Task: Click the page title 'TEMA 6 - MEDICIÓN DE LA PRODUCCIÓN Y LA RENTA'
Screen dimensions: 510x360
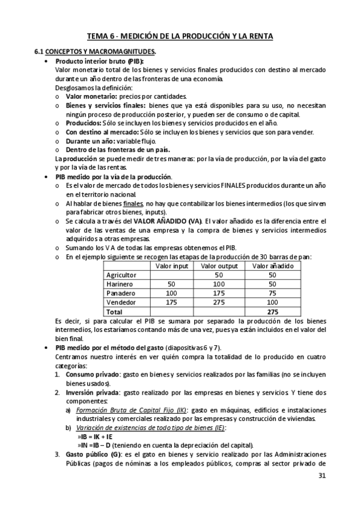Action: (180, 37)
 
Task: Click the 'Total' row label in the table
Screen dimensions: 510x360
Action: (114, 312)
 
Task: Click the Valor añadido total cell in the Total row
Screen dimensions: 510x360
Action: (272, 312)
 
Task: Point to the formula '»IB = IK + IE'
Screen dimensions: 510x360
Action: (97, 436)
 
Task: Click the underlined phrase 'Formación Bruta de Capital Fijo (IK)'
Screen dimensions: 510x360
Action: (127, 410)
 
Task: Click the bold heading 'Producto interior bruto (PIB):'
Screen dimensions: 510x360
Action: (99, 61)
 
